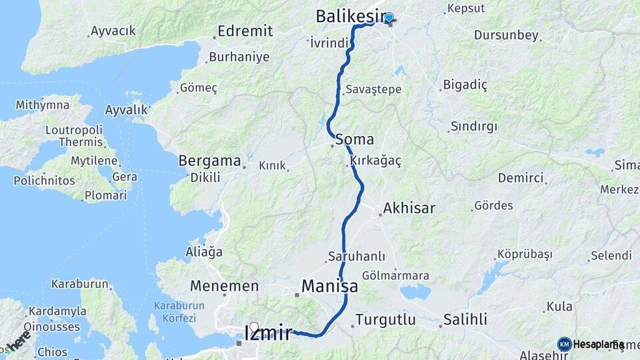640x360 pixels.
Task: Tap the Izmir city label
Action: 268,332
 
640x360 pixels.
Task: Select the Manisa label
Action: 329,286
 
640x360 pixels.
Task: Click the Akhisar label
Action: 409,208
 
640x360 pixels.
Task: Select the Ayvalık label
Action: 127,109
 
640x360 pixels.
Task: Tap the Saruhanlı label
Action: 356,256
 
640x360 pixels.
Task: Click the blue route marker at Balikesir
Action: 389,17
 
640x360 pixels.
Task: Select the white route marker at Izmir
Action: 253,327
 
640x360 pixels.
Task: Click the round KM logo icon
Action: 564,344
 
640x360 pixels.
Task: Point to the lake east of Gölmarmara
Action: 417,291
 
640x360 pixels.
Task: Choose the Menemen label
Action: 224,286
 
